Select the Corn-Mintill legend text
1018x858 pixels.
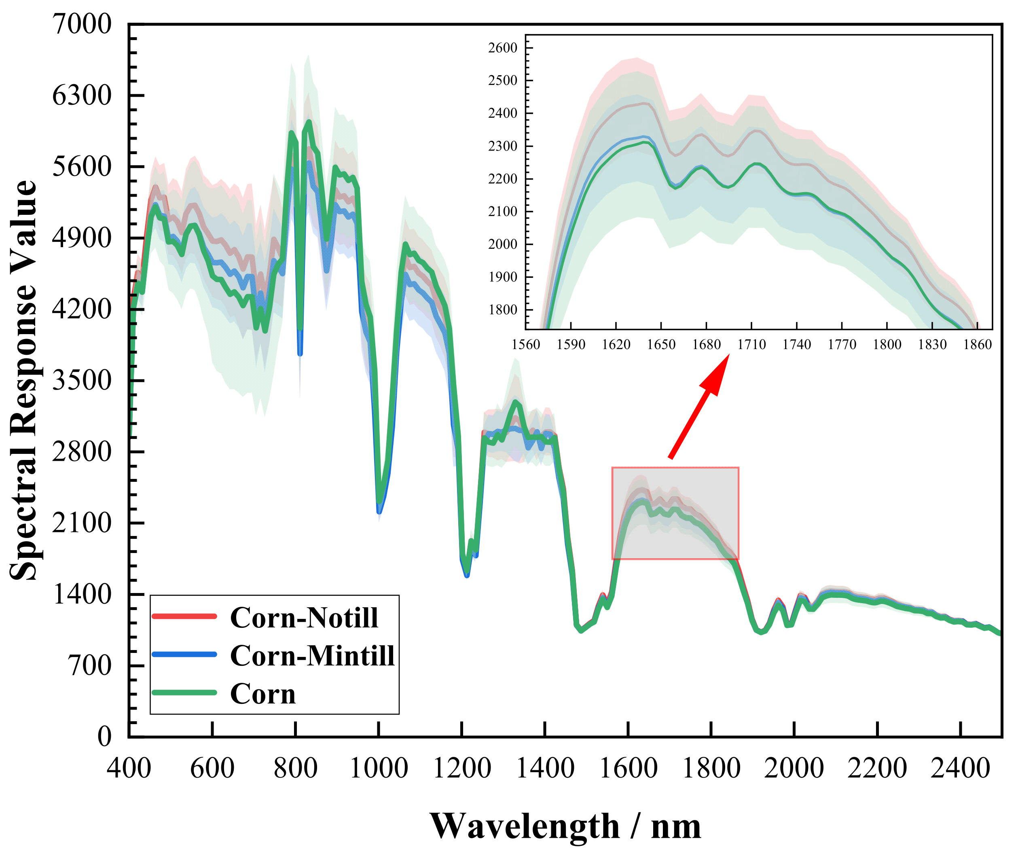coord(312,656)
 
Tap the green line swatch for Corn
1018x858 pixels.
coord(184,693)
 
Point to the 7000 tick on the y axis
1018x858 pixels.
coord(82,24)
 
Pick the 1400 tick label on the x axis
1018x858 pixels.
coord(545,769)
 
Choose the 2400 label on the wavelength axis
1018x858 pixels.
coord(960,769)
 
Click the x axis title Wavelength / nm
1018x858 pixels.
coord(565,826)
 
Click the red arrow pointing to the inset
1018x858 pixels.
coord(698,408)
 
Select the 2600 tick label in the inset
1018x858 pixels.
coord(502,48)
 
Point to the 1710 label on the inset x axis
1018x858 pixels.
coord(751,345)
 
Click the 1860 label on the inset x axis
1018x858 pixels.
coord(977,345)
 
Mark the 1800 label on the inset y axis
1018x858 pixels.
coord(502,310)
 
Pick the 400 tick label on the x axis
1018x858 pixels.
coord(129,769)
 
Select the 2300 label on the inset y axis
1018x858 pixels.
coord(502,146)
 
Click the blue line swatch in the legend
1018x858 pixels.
coord(184,655)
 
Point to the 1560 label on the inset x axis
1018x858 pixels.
coord(526,345)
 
